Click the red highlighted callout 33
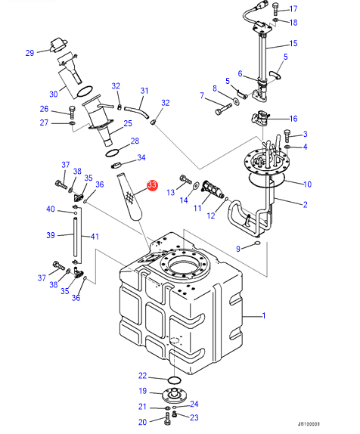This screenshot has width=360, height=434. tap(152, 185)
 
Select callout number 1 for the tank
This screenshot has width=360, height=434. tap(264, 315)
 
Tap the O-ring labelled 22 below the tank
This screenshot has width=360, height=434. tap(175, 380)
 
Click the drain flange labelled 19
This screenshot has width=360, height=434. tap(173, 395)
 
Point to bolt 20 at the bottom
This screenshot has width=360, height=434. tap(168, 417)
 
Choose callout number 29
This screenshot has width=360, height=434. tap(29, 53)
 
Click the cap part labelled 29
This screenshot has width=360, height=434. tap(58, 45)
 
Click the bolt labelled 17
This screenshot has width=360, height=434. tap(275, 9)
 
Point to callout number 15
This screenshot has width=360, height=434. tap(293, 43)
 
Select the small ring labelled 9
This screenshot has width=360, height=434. tap(257, 243)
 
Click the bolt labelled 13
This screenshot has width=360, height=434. tap(186, 179)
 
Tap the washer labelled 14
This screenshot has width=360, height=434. tap(196, 185)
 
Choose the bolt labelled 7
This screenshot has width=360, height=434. tap(223, 110)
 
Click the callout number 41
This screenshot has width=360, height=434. tap(95, 237)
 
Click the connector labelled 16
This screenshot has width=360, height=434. tap(260, 119)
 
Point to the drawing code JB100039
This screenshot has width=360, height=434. tap(309, 423)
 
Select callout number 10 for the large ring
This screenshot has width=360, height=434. tap(307, 184)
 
